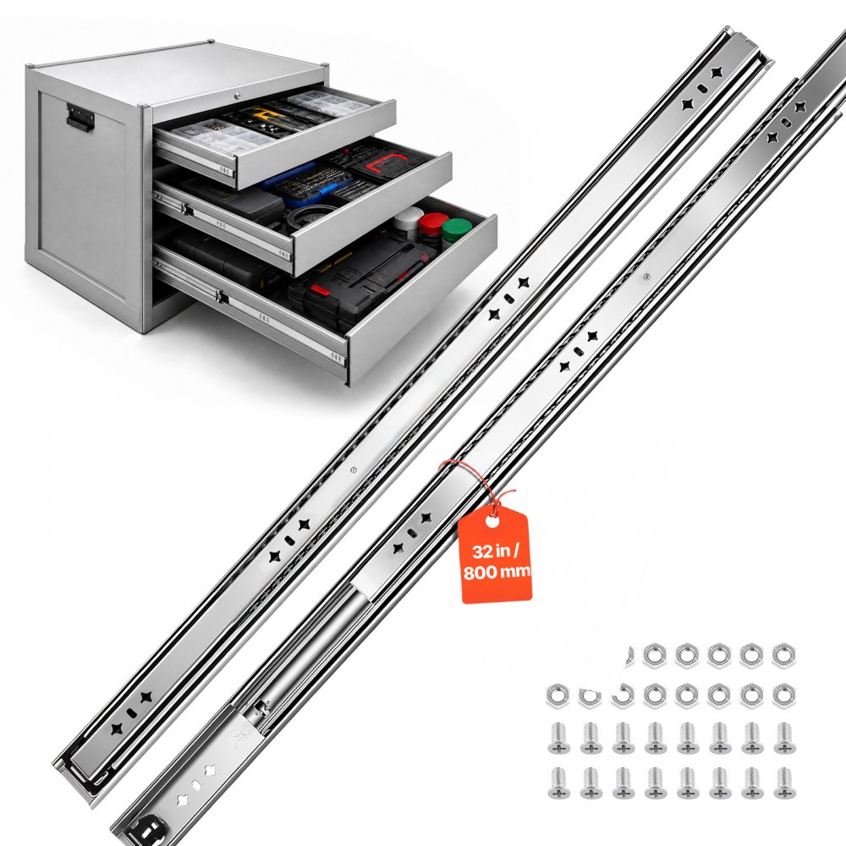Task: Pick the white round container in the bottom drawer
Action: click(408, 217)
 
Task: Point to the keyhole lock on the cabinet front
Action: click(237, 96)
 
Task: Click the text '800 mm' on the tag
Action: click(497, 572)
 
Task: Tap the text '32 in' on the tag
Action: click(491, 552)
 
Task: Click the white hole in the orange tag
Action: click(492, 520)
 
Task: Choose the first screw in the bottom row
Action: click(559, 783)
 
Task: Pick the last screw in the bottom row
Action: click(784, 783)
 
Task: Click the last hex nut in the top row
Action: click(783, 656)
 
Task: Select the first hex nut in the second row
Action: click(558, 695)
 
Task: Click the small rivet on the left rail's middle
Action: click(353, 470)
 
